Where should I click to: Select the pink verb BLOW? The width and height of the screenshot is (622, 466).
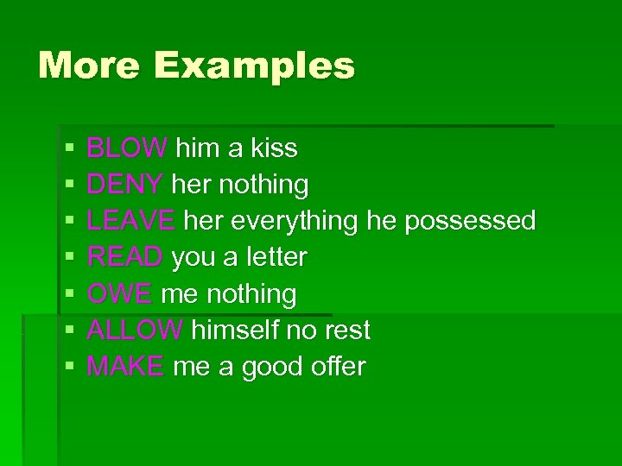127,148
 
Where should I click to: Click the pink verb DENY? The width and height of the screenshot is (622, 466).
125,185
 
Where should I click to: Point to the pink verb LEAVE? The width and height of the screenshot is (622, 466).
130,221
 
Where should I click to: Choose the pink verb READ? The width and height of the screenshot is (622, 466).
125,257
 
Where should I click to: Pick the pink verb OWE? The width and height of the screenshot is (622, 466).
120,294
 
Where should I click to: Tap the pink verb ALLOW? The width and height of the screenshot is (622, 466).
135,331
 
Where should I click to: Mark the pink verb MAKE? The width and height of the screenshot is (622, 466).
125,367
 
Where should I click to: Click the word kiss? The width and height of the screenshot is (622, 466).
274,148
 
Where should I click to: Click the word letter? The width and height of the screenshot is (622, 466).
276,257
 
